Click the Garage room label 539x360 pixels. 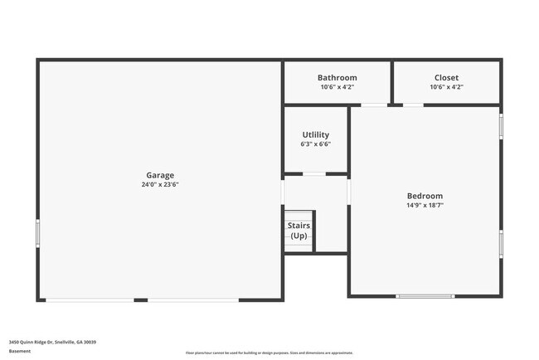[160, 175]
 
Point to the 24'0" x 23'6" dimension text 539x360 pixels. [160, 185]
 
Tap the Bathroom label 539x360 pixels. [337, 78]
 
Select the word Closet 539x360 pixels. [446, 78]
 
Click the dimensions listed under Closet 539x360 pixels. [446, 87]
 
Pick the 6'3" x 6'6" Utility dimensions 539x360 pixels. [315, 144]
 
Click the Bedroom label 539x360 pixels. [425, 196]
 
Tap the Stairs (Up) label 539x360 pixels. [299, 231]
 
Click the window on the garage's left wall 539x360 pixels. [38, 232]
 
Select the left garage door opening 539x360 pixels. [90, 299]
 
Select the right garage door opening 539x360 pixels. [193, 299]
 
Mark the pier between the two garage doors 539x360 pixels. [141, 299]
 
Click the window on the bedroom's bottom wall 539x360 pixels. [425, 295]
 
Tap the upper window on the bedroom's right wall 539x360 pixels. [501, 125]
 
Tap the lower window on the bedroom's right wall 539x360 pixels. [501, 244]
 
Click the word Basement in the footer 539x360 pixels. [20, 351]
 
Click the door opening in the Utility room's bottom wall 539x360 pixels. [313, 174]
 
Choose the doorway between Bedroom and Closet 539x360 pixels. [413, 105]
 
